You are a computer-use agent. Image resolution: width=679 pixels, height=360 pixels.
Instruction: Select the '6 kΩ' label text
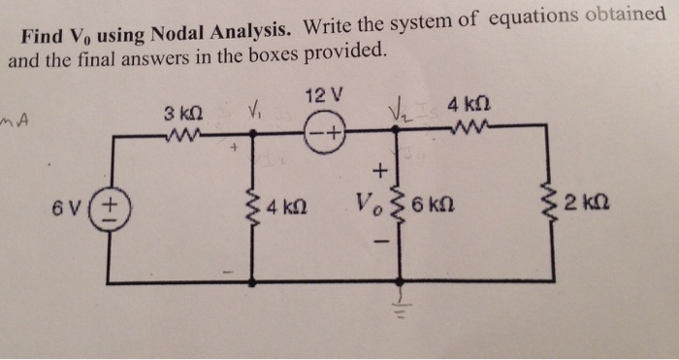tap(432, 207)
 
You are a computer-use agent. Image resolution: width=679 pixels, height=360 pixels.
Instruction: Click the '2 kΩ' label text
tap(589, 206)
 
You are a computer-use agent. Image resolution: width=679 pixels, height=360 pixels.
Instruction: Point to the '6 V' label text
tap(71, 208)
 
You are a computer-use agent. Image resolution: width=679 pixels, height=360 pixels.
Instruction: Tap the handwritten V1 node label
tap(256, 109)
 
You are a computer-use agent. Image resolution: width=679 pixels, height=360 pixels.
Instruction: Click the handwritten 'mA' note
tap(17, 120)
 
